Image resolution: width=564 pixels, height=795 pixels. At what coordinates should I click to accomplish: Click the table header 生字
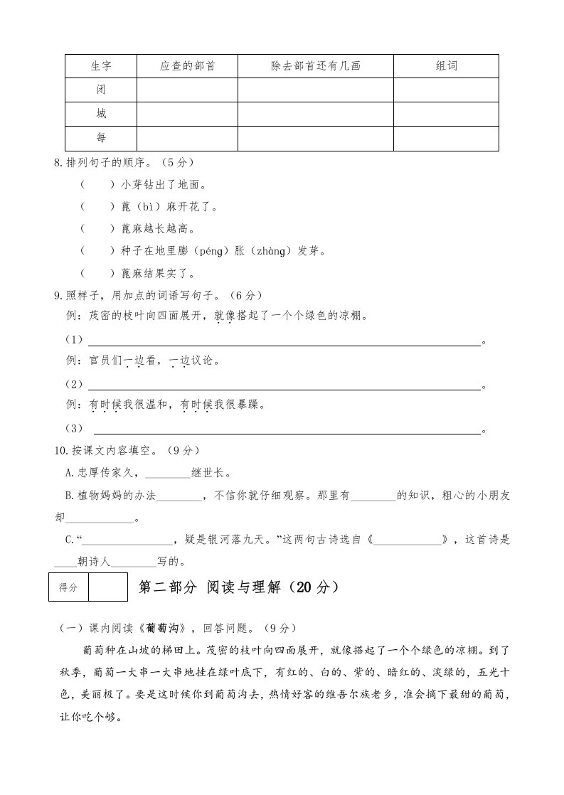pyautogui.click(x=101, y=66)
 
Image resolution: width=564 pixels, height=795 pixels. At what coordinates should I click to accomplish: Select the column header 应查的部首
pyautogui.click(x=187, y=66)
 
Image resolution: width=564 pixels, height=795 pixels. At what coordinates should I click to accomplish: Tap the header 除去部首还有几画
pyautogui.click(x=316, y=66)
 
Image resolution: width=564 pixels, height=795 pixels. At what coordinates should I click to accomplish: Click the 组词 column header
pyautogui.click(x=446, y=66)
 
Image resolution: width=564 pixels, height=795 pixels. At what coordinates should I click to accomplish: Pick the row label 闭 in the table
pyautogui.click(x=101, y=90)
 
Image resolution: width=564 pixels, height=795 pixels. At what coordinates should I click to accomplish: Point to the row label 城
pyautogui.click(x=101, y=114)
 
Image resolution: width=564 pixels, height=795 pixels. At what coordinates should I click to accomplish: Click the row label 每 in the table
pyautogui.click(x=101, y=138)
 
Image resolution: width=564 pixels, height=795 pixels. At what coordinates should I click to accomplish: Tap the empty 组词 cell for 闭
pyautogui.click(x=446, y=90)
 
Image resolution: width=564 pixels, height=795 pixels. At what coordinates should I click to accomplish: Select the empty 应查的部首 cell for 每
pyautogui.click(x=187, y=138)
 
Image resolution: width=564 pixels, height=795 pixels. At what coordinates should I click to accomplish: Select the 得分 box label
pyautogui.click(x=68, y=587)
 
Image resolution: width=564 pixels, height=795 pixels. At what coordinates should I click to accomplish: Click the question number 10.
pyautogui.click(x=60, y=451)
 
